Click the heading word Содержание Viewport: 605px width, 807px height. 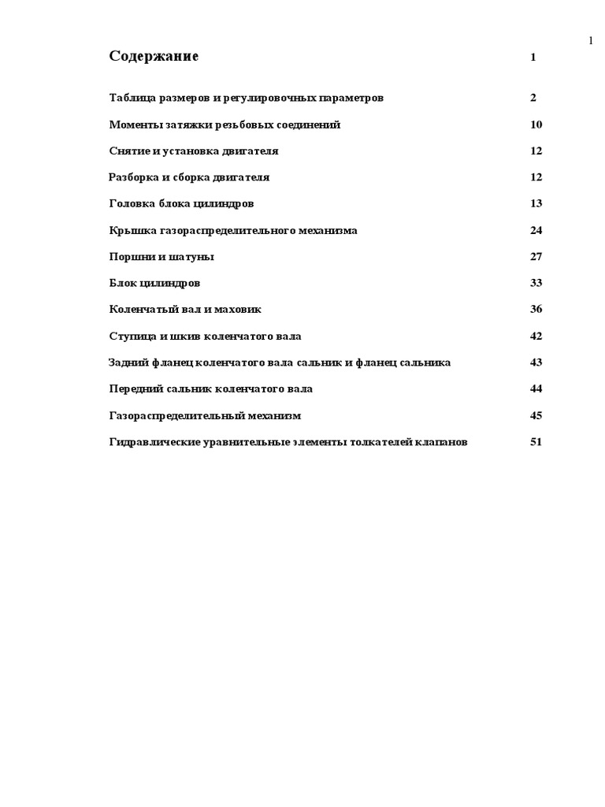(x=154, y=57)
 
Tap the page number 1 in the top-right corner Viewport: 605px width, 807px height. (x=591, y=42)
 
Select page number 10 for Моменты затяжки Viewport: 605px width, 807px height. (x=536, y=125)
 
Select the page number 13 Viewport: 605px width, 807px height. (x=536, y=204)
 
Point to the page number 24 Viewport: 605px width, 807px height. (x=536, y=231)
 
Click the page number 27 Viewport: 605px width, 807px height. (x=536, y=257)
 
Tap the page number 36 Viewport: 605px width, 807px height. (x=536, y=310)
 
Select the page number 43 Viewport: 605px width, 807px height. (x=536, y=363)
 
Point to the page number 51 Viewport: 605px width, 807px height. (x=536, y=442)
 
